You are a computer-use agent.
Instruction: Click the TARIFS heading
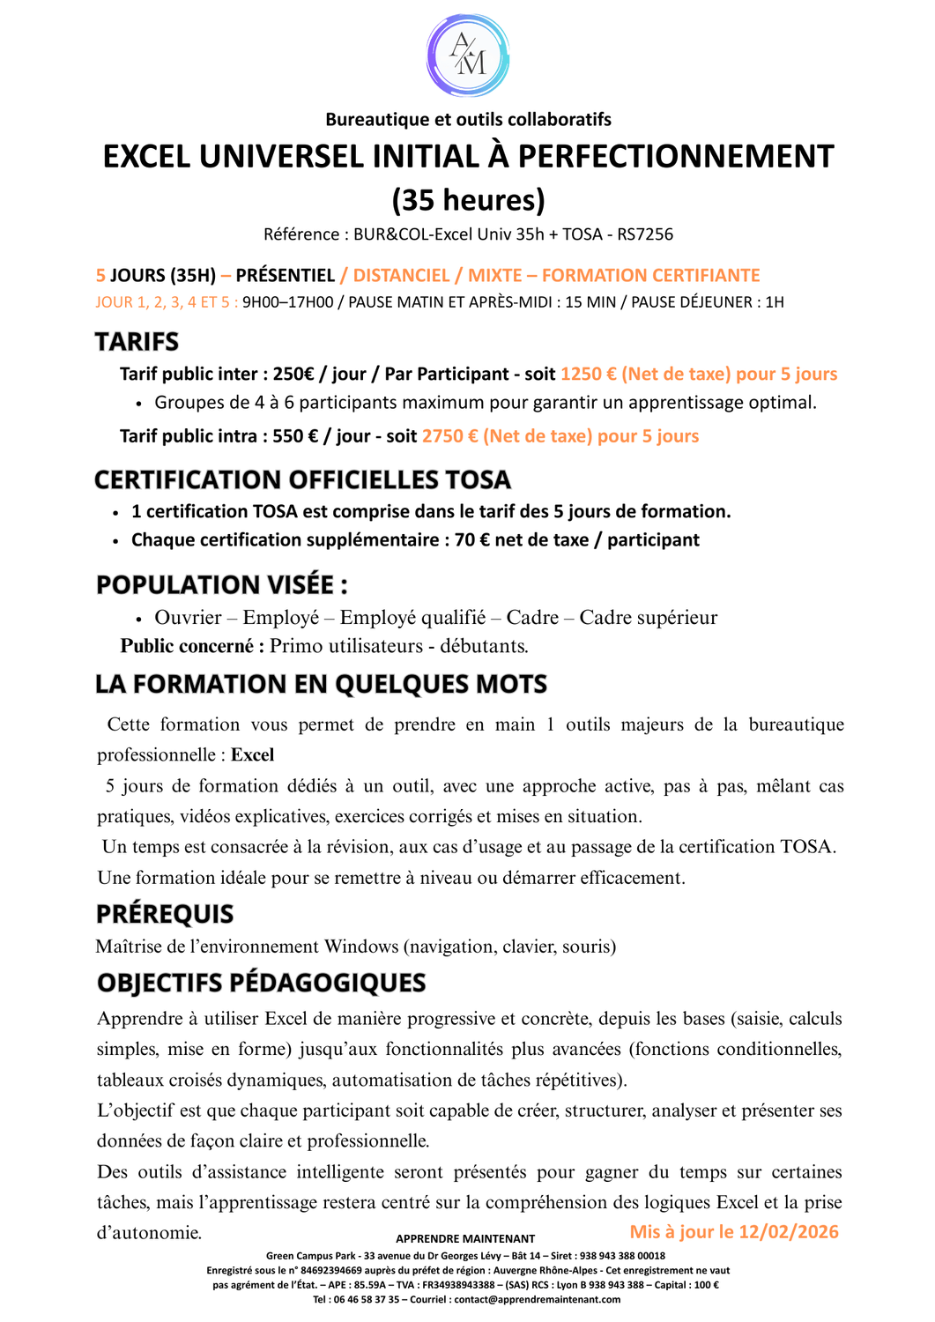pyautogui.click(x=137, y=342)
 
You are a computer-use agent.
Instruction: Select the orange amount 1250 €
pyautogui.click(x=588, y=374)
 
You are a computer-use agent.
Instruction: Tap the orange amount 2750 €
pyautogui.click(x=449, y=436)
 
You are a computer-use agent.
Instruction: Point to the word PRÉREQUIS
pyautogui.click(x=165, y=914)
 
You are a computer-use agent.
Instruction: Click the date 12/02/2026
pyautogui.click(x=789, y=1232)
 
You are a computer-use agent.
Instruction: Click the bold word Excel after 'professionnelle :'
pyautogui.click(x=253, y=755)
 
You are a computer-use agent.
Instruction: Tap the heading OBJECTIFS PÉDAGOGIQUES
pyautogui.click(x=261, y=983)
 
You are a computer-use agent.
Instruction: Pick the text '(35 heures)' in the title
pyautogui.click(x=468, y=200)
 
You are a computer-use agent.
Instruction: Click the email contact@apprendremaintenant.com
pyautogui.click(x=537, y=1299)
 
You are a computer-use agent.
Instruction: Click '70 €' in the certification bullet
pyautogui.click(x=472, y=540)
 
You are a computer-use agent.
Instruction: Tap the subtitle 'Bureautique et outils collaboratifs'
pyautogui.click(x=468, y=119)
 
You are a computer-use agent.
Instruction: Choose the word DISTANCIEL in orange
pyautogui.click(x=401, y=276)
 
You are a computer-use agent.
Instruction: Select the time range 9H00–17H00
pyautogui.click(x=288, y=302)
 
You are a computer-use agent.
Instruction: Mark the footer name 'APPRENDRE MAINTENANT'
pyautogui.click(x=465, y=1238)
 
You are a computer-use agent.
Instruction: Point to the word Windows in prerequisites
pyautogui.click(x=361, y=947)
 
